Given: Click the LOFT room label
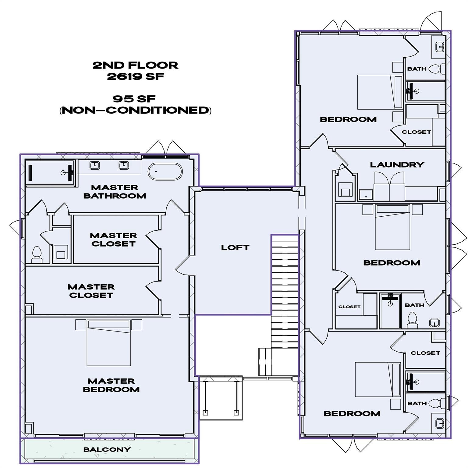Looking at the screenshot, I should (x=235, y=248).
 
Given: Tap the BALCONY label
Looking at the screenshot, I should (x=107, y=449).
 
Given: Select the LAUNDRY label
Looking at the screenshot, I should (x=397, y=165).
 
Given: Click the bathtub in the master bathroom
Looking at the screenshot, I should (x=165, y=172).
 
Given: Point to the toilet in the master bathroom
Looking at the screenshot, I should (x=37, y=254).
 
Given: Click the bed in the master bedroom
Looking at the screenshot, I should (x=109, y=343).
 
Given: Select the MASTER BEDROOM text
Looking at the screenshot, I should (x=111, y=385).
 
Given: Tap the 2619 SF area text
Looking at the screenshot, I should (x=135, y=76).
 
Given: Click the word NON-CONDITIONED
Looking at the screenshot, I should (x=135, y=110).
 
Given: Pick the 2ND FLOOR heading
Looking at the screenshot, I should (x=135, y=65).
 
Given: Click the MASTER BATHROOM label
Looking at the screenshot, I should (x=115, y=192).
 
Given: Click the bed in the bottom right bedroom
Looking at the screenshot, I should (x=378, y=379).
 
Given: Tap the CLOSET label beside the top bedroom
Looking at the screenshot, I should (x=416, y=132).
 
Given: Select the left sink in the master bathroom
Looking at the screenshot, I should (x=94, y=165).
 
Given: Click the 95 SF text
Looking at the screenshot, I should (x=134, y=99).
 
